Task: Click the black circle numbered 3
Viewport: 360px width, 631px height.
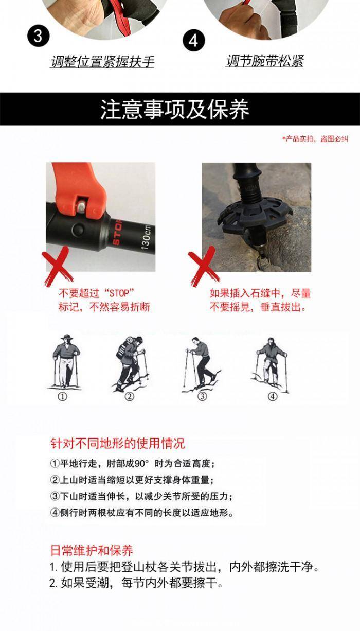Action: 38,37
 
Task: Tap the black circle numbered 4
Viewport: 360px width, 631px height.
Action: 194,41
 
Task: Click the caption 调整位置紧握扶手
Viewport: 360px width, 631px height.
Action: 102,61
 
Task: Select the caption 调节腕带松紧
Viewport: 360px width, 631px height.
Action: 265,61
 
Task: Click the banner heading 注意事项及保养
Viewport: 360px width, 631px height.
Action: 175,109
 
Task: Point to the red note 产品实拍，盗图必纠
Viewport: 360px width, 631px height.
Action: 316,138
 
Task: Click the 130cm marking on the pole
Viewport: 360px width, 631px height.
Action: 146,237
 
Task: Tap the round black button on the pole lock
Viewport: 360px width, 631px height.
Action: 79,230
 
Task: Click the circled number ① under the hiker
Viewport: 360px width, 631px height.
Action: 63,397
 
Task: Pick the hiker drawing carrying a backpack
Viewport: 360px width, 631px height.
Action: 130,363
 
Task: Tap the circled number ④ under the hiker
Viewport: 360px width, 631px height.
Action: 272,397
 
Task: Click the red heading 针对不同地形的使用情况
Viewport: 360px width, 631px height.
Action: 118,443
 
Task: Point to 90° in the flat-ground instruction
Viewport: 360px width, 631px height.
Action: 141,464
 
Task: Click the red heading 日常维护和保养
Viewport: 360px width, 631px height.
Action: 92,550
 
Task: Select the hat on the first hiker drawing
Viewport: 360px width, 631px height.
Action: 67,337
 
